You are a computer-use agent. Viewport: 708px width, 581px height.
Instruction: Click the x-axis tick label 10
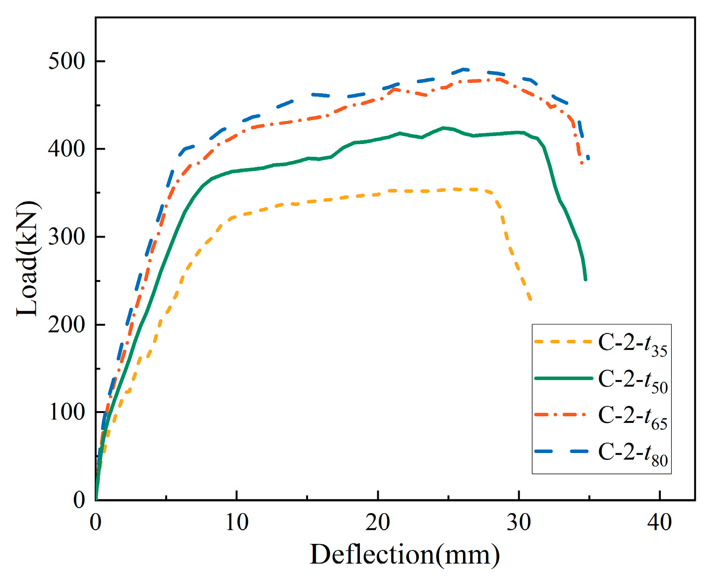click(x=236, y=522)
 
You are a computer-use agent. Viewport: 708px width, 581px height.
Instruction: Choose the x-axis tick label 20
click(x=378, y=522)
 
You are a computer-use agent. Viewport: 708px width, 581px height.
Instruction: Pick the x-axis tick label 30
click(x=519, y=522)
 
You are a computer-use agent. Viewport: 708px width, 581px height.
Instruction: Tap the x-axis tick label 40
click(x=659, y=522)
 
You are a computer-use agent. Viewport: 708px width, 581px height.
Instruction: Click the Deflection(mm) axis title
click(x=405, y=554)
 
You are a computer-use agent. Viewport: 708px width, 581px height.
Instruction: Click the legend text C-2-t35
click(x=633, y=344)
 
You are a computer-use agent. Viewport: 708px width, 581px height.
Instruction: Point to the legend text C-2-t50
click(x=633, y=380)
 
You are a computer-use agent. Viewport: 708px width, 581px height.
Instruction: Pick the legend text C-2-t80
click(x=633, y=453)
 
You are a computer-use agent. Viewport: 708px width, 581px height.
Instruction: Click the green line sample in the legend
click(x=563, y=378)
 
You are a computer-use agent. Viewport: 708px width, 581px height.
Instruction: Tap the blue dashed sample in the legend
click(x=563, y=451)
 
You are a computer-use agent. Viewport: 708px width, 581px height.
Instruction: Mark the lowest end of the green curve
click(x=586, y=280)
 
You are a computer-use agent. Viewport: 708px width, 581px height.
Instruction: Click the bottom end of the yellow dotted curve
click(x=530, y=300)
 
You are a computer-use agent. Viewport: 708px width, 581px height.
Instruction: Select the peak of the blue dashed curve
click(x=464, y=69)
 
